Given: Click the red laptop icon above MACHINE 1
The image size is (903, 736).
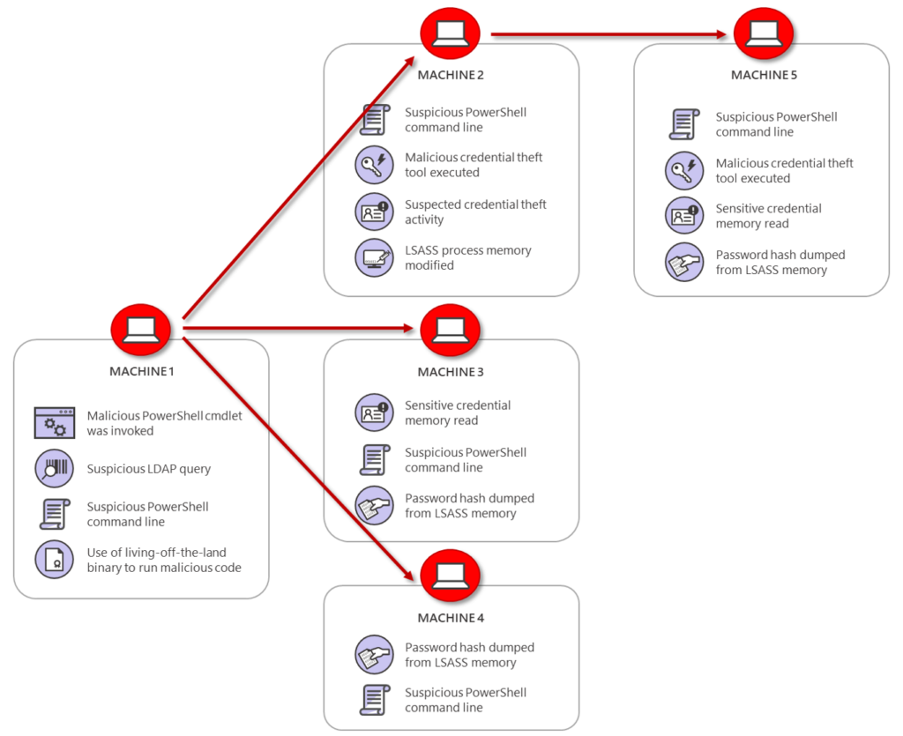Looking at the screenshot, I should click(x=140, y=329).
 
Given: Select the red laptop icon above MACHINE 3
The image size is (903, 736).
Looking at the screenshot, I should click(x=450, y=329).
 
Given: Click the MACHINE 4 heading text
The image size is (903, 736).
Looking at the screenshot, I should click(x=451, y=618).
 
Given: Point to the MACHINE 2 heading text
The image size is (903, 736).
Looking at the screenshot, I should click(x=451, y=75).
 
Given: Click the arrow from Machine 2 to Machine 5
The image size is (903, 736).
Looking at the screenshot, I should click(x=608, y=34).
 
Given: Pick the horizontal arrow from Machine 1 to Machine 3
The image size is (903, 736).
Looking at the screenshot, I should click(x=300, y=329).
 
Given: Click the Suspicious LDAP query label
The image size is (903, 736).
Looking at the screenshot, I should click(x=148, y=469).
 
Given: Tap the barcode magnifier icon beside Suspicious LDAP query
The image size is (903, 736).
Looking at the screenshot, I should click(x=54, y=468).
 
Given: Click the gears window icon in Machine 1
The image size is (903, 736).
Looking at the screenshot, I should click(x=55, y=424).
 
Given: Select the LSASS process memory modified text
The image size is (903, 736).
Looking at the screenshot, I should click(x=467, y=257).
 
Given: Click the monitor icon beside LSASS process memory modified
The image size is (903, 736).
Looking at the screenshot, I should click(x=374, y=257).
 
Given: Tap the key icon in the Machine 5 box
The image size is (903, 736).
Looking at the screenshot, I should click(x=684, y=170).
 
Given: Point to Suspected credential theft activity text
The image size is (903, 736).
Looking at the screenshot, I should click(x=475, y=212).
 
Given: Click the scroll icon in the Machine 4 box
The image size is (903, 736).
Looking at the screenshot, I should click(x=375, y=700).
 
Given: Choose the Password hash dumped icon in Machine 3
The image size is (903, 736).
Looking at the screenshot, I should click(x=374, y=505).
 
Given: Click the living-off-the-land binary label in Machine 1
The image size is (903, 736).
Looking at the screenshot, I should click(x=163, y=560).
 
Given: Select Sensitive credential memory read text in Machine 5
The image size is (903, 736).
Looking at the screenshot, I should click(x=768, y=216).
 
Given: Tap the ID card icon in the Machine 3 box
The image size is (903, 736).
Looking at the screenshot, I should click(x=374, y=413).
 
